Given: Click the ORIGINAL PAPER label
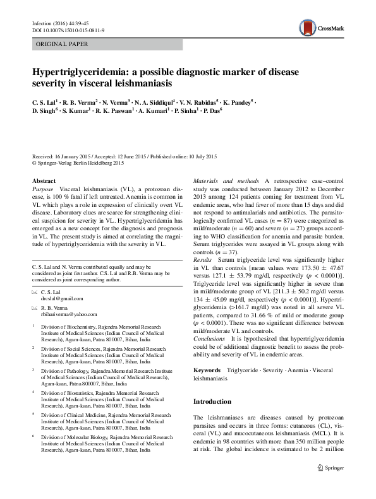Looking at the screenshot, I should pos(61,44).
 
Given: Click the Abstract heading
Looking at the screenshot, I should pos(44,180).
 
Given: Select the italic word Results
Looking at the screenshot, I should pos(203,259).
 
